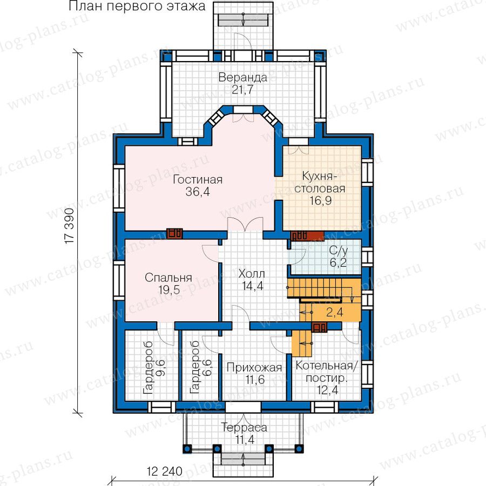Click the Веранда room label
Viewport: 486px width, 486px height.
[x=242, y=77]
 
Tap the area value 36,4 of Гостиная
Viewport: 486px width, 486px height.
[x=198, y=192]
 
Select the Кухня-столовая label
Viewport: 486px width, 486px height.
[x=320, y=182]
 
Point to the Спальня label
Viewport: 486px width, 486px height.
[x=168, y=278]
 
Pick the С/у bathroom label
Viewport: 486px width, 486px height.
[x=339, y=250]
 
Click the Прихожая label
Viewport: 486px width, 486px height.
[x=254, y=368]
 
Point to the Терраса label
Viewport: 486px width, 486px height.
[x=244, y=428]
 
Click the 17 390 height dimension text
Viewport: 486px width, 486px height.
[x=70, y=226]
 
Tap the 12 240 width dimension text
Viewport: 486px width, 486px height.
[x=165, y=471]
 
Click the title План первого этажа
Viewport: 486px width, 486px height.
[x=137, y=6]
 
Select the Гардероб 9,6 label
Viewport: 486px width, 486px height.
[x=154, y=368]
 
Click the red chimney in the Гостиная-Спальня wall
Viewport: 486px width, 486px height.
[x=174, y=233]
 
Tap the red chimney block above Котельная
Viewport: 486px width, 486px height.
[x=319, y=327]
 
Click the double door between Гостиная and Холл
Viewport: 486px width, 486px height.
[x=245, y=224]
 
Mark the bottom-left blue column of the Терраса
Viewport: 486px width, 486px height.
[x=187, y=449]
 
